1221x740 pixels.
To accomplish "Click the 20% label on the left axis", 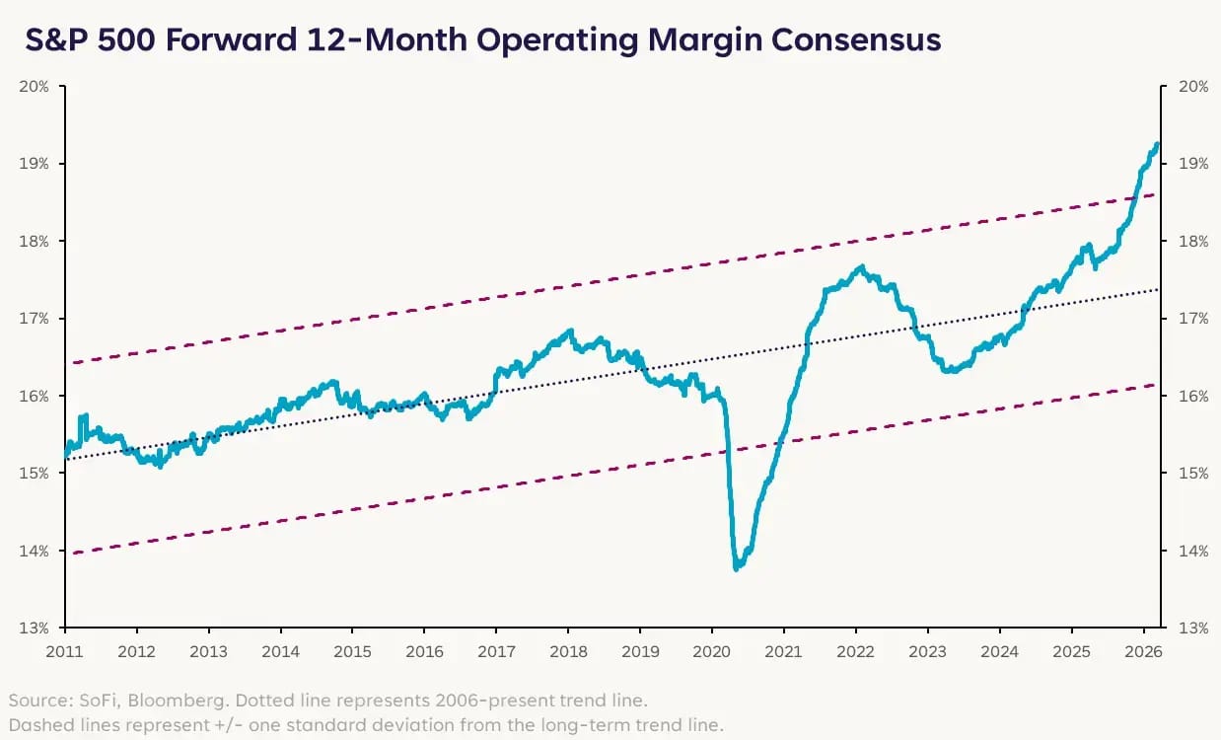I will [x=35, y=86].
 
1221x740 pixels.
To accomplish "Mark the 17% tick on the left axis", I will [x=35, y=318].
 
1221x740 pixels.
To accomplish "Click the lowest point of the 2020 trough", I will [x=737, y=568].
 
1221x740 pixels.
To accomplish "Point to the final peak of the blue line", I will [x=1157, y=144].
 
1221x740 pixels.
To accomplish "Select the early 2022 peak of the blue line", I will [x=860, y=266].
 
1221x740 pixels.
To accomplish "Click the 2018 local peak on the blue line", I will [x=569, y=332].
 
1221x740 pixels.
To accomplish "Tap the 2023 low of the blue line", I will [x=949, y=371].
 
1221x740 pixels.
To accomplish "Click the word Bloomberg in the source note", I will [x=151, y=701].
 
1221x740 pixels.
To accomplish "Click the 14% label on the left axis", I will [x=35, y=551].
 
